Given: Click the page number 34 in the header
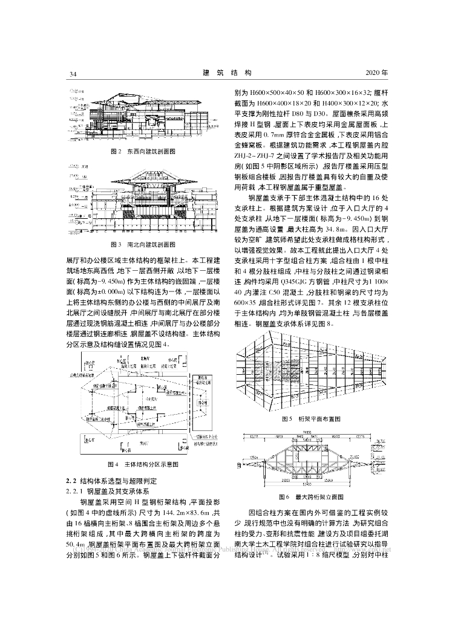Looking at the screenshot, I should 73,74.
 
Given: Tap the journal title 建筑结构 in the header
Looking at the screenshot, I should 226,73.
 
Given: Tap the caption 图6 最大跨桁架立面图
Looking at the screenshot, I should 312,496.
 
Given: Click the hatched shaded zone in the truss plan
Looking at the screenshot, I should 315,375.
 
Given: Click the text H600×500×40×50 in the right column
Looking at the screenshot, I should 273,94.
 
